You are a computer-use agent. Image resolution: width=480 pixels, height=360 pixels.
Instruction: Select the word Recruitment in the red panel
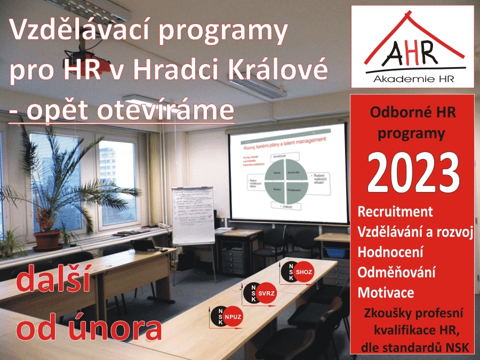click(395, 211)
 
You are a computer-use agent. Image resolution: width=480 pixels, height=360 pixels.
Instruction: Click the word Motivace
click(386, 292)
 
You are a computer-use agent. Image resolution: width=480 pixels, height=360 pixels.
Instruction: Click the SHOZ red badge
click(304, 271)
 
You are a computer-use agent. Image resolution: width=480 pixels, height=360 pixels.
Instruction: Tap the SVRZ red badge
click(267, 293)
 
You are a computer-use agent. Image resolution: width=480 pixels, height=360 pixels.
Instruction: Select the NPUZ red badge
click(233, 316)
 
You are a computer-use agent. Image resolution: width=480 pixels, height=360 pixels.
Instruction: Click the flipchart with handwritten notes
click(192, 215)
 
